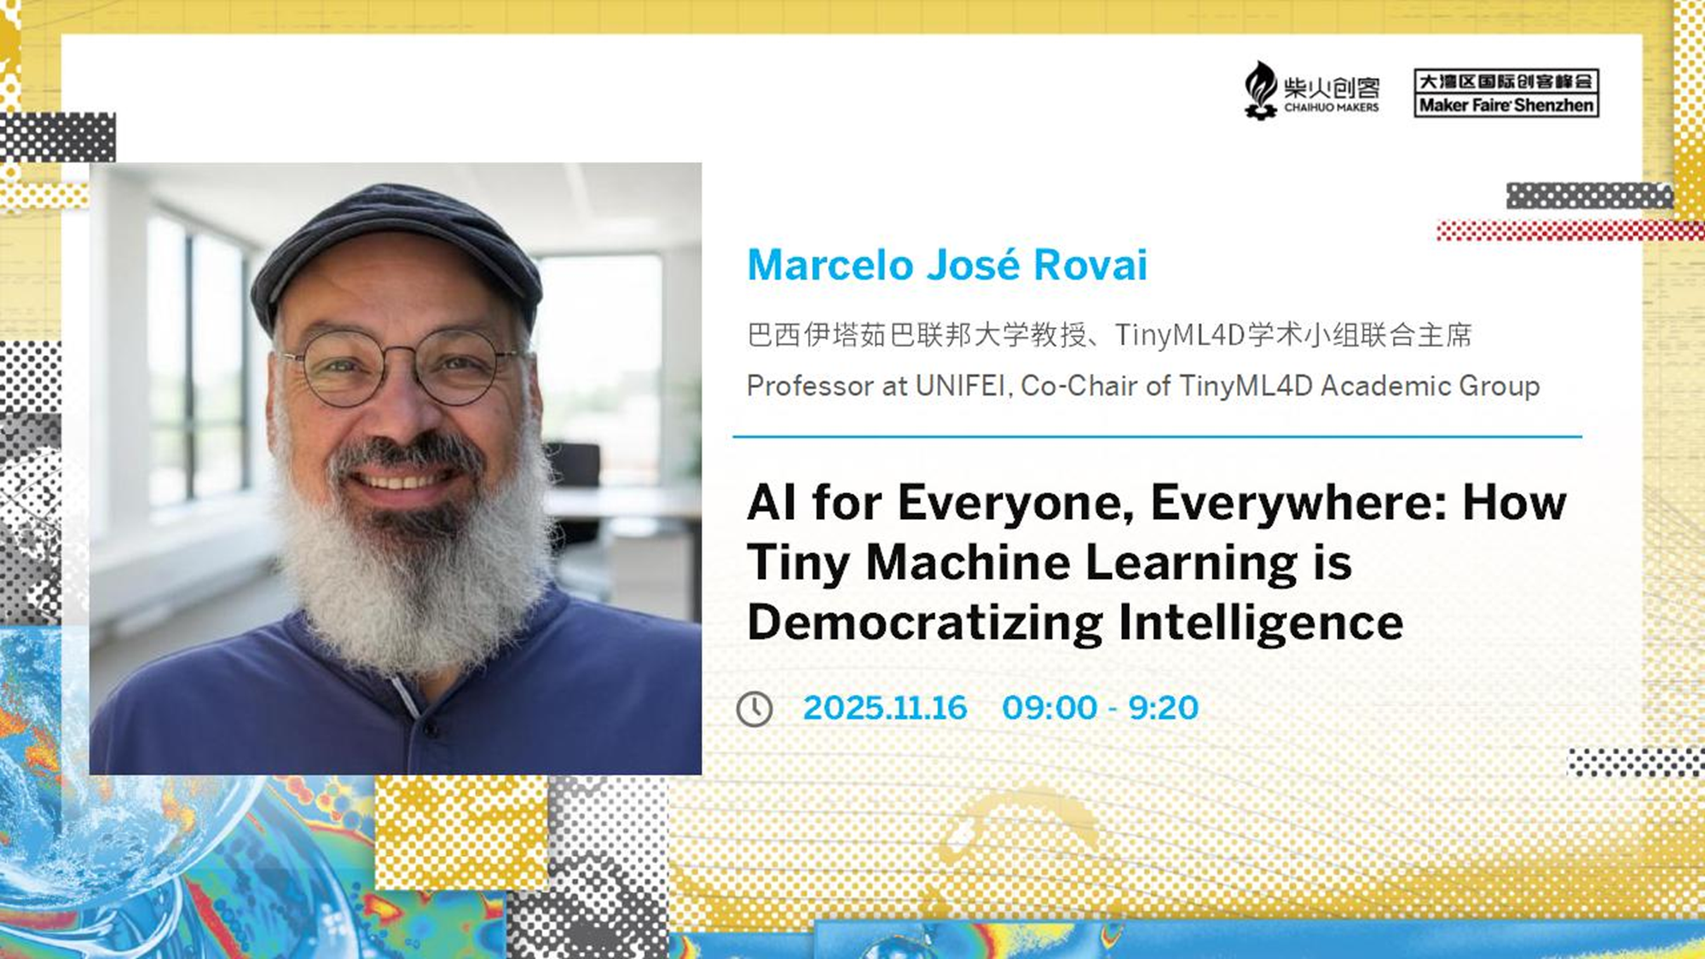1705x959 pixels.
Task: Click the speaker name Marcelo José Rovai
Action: (x=947, y=264)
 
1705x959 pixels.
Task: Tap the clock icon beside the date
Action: (x=754, y=709)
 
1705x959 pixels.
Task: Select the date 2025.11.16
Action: (x=885, y=708)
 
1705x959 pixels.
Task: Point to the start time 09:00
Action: (x=1049, y=708)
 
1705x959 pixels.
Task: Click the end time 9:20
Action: (x=1164, y=708)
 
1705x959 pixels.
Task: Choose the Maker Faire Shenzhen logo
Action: (x=1506, y=93)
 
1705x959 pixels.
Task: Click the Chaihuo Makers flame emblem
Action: (x=1260, y=90)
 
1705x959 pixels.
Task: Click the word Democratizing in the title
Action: (x=925, y=623)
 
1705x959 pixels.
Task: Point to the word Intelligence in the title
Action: (x=1261, y=623)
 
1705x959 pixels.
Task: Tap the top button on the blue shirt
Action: (x=430, y=729)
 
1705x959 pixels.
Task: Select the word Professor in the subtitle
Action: (x=811, y=386)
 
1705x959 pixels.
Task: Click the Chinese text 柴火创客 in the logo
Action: (x=1332, y=88)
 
